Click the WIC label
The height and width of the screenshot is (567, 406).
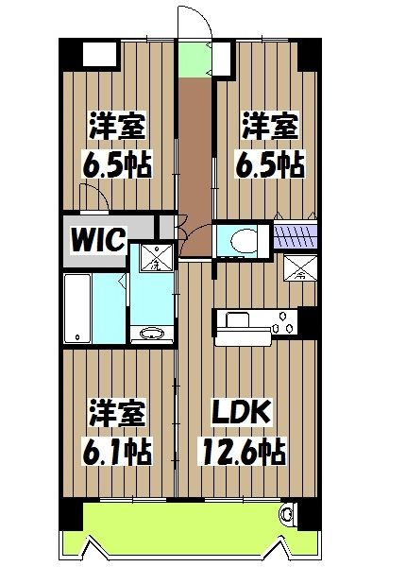(x=96, y=239)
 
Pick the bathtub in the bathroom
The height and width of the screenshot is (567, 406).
(x=77, y=309)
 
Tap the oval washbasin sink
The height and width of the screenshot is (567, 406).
(x=151, y=334)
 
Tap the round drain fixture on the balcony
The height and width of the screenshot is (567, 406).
(x=287, y=515)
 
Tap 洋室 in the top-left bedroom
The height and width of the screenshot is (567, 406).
(x=117, y=127)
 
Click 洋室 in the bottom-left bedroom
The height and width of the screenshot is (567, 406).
(x=117, y=413)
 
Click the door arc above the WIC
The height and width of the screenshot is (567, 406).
(x=93, y=198)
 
